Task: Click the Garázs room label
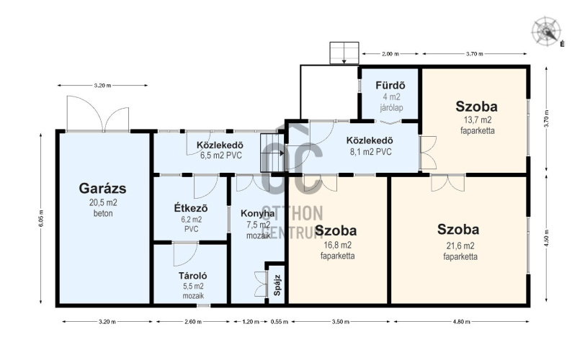[102, 188]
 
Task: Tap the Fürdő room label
[390, 86]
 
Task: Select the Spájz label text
[277, 285]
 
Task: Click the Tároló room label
[192, 276]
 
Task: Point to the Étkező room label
[191, 208]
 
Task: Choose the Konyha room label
[257, 214]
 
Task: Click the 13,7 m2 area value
[478, 120]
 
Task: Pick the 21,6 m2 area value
[460, 246]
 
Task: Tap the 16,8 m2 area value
[337, 246]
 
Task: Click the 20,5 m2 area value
[103, 203]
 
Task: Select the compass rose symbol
[546, 30]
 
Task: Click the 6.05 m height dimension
[40, 218]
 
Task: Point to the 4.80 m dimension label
[462, 322]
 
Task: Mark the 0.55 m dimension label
[280, 322]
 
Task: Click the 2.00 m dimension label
[390, 54]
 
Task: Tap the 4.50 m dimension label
[547, 238]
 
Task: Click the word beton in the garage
[103, 214]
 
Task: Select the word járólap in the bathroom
[391, 108]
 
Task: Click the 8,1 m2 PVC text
[370, 152]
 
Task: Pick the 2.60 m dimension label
[193, 322]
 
